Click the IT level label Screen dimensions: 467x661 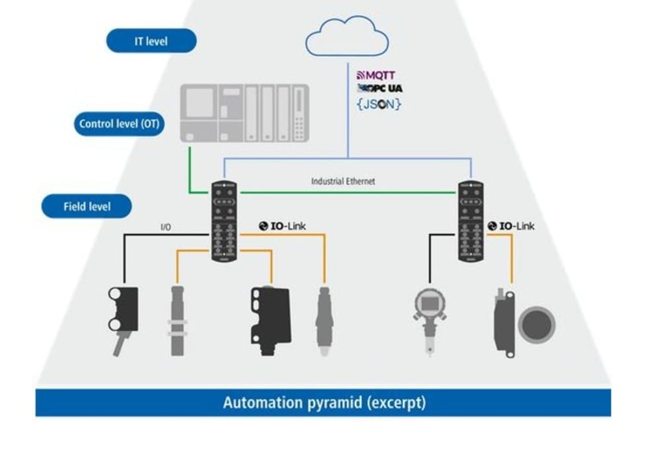(x=151, y=41)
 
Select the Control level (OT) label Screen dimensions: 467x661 (x=119, y=124)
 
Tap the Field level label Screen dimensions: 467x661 (x=87, y=206)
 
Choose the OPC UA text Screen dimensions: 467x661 (x=380, y=89)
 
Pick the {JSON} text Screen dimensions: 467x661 (x=379, y=104)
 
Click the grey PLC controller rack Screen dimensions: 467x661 (x=245, y=113)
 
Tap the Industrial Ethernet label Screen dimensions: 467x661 (x=343, y=180)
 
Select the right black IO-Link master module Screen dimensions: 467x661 (x=471, y=221)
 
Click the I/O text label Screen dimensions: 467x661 (x=167, y=227)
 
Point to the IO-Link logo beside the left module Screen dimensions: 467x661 (x=282, y=226)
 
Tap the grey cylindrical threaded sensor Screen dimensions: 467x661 (x=177, y=320)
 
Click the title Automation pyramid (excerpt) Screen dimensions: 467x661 (x=324, y=402)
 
